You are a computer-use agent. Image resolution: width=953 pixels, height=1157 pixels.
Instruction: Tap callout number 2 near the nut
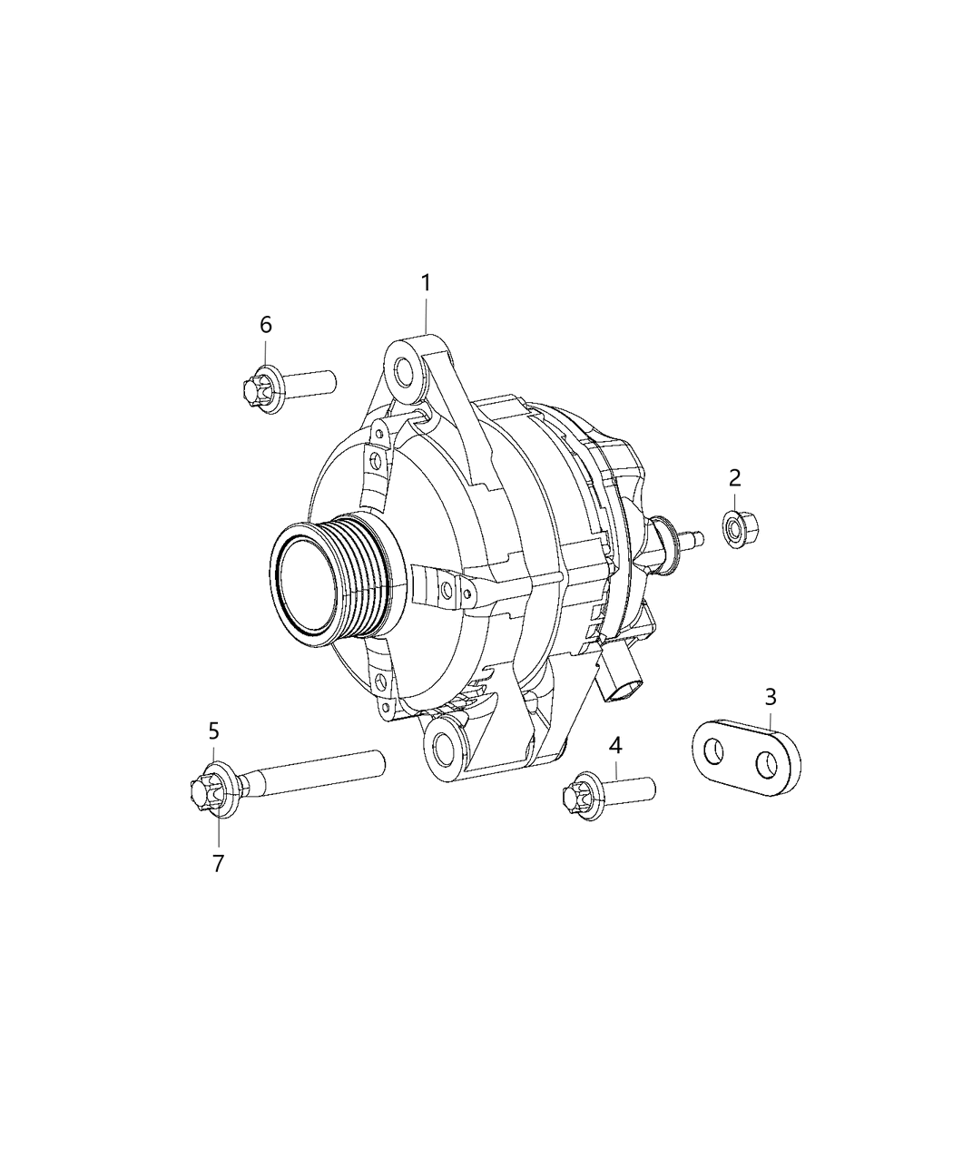pyautogui.click(x=734, y=477)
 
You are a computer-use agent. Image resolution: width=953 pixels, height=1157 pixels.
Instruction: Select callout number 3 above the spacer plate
pyautogui.click(x=771, y=698)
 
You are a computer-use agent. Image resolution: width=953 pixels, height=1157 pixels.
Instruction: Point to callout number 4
pyautogui.click(x=615, y=746)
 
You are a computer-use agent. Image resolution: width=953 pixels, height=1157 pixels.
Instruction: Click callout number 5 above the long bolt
pyautogui.click(x=214, y=730)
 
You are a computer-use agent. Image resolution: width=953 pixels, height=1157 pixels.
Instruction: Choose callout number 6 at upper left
pyautogui.click(x=265, y=325)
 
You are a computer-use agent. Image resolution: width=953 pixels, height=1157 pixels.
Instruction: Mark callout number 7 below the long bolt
pyautogui.click(x=218, y=863)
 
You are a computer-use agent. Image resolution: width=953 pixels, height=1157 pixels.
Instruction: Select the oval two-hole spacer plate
pyautogui.click(x=748, y=758)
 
